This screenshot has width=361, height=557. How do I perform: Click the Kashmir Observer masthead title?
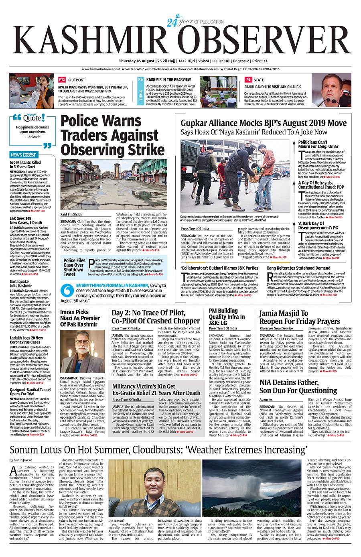click(180, 41)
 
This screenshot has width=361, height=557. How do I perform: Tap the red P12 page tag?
click(62, 80)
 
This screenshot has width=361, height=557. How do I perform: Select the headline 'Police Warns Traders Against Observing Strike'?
click(112, 135)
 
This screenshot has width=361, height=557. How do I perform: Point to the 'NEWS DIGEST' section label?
click(23, 154)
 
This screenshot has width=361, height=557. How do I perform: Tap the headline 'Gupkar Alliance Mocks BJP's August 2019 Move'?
click(263, 123)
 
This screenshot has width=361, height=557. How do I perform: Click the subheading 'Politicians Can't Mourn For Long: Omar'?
click(318, 144)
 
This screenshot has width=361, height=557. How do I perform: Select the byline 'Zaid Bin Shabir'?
click(71, 214)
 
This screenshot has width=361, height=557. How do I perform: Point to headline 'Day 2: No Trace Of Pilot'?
click(155, 317)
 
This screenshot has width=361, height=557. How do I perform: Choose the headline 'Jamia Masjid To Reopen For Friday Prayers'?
click(299, 317)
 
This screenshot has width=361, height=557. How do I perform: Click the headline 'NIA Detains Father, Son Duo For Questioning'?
click(298, 386)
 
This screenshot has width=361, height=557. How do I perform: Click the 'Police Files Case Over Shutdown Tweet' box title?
click(74, 267)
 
